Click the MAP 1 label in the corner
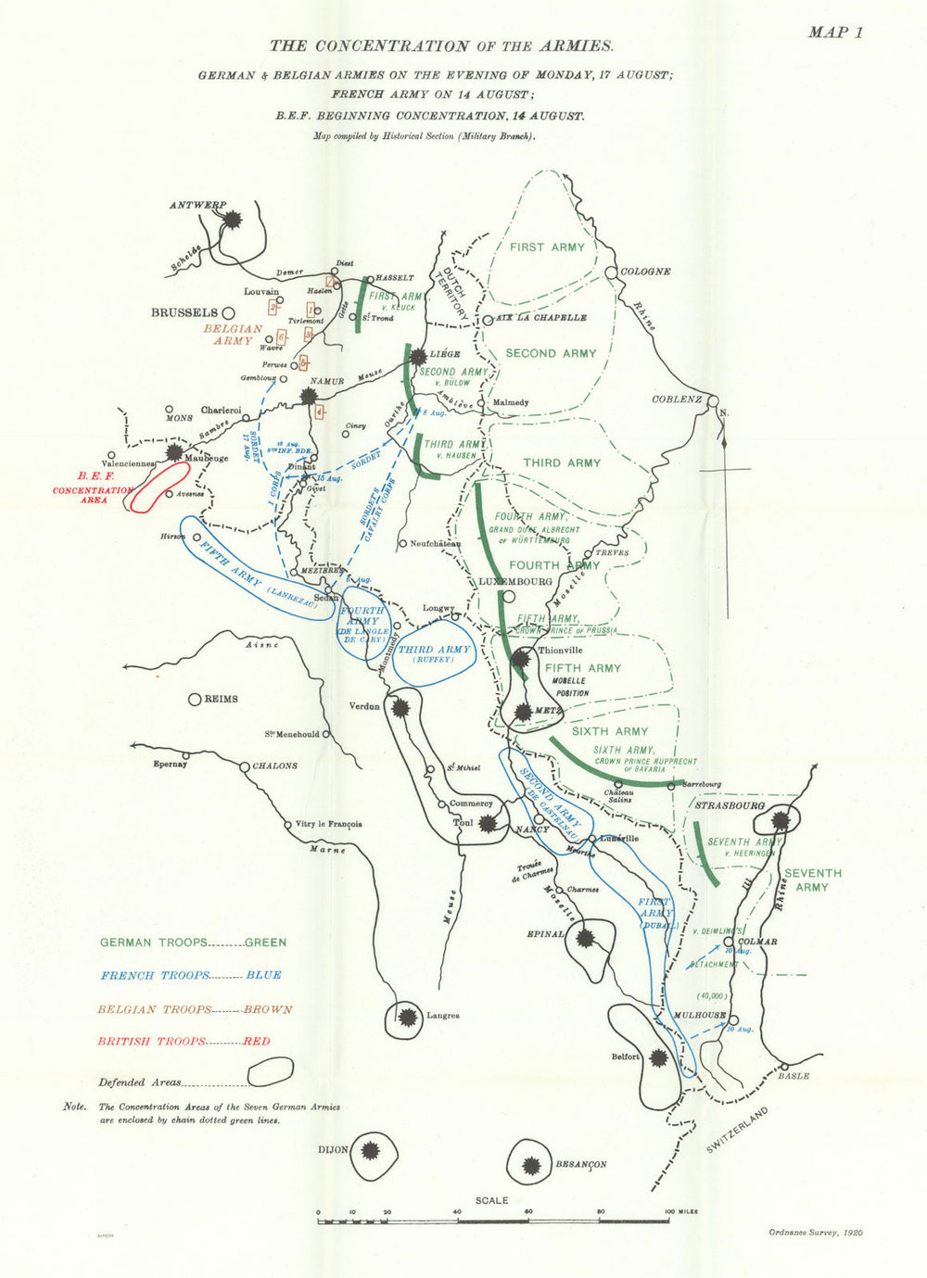click(835, 32)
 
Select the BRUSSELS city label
click(184, 313)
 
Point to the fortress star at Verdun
click(400, 707)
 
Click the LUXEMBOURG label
click(514, 581)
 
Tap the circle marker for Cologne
click(611, 272)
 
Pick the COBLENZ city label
click(676, 399)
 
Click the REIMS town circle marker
click(195, 700)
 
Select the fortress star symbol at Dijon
click(370, 1151)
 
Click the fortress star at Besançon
click(532, 1165)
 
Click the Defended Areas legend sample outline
click(270, 1072)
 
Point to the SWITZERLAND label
click(738, 1130)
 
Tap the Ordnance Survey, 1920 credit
click(815, 1233)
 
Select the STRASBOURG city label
click(730, 805)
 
